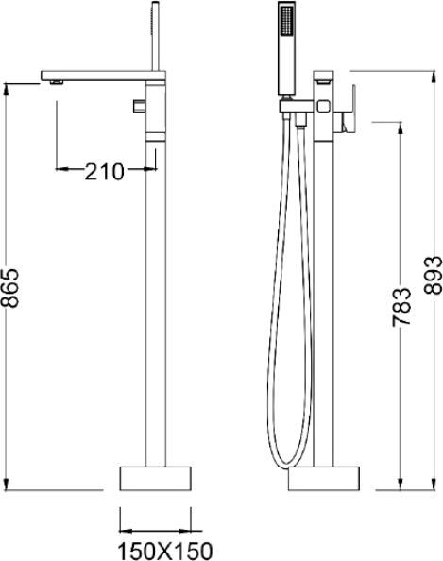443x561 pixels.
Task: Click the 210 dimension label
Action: [x=104, y=172]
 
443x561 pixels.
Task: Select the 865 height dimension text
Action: [x=9, y=288]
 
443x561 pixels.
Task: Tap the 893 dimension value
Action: [x=433, y=275]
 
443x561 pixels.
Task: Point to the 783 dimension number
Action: [x=401, y=306]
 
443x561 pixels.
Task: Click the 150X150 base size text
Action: [x=165, y=551]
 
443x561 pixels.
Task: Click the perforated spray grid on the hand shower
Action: [x=286, y=21]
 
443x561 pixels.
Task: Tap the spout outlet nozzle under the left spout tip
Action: [x=57, y=83]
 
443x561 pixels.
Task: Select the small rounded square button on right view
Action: [x=323, y=107]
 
